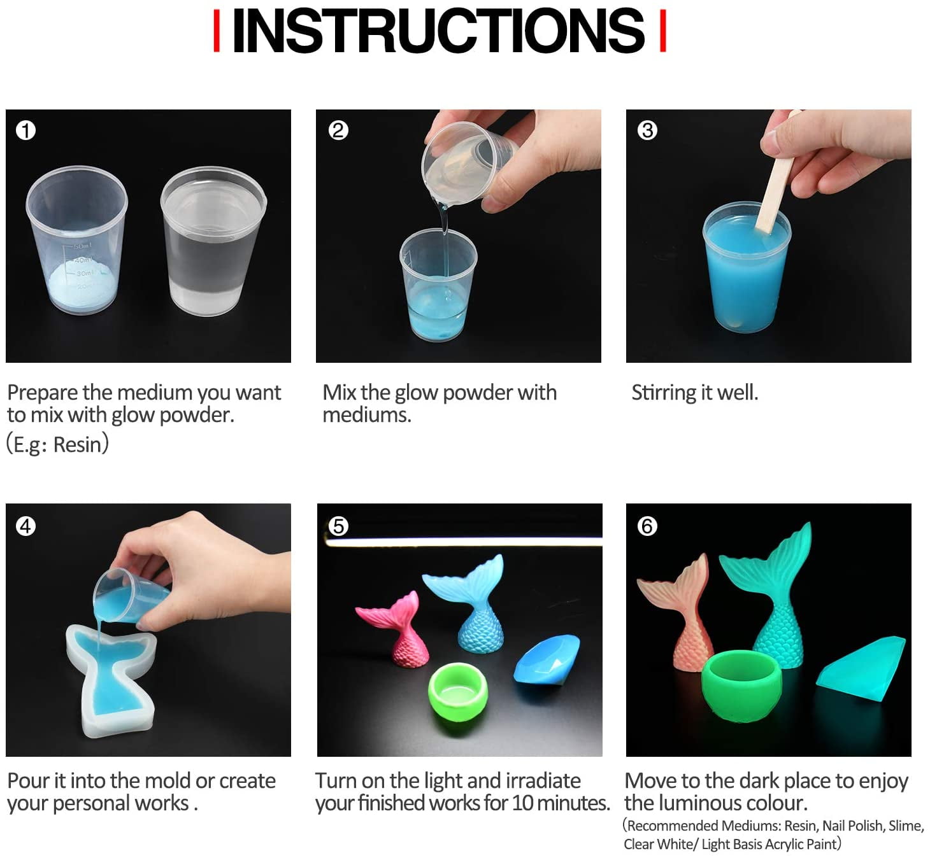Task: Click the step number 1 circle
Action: click(25, 130)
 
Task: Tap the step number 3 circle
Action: click(647, 130)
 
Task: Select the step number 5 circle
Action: click(338, 526)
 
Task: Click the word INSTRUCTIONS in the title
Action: click(438, 31)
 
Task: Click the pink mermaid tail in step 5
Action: click(395, 629)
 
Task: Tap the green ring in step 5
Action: click(457, 692)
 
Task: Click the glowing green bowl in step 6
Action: click(741, 684)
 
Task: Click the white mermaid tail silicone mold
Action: click(111, 679)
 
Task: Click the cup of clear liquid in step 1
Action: click(213, 241)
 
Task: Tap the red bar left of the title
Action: click(217, 31)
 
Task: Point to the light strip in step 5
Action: click(464, 542)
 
